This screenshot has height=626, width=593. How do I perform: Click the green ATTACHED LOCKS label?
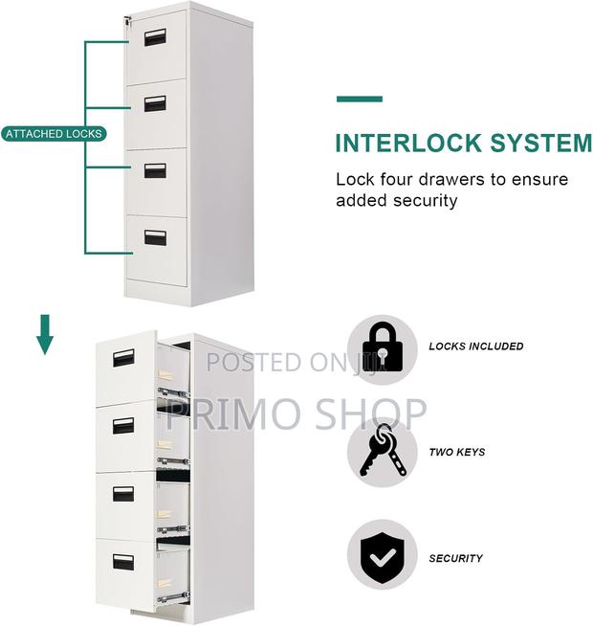[54, 134]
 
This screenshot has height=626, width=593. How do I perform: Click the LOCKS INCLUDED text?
[475, 347]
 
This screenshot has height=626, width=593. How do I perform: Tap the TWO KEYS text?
[456, 453]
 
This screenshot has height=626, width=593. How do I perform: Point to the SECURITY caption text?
[455, 559]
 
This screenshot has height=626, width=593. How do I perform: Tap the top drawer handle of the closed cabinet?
[155, 37]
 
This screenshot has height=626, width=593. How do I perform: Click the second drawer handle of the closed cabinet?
[155, 103]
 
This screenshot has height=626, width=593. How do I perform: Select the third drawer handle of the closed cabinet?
[155, 169]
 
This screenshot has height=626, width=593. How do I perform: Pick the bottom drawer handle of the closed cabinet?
[155, 235]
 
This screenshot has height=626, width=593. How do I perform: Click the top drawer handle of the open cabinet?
[123, 359]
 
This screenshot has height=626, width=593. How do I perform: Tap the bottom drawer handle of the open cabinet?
[123, 562]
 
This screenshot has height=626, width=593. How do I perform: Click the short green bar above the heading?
[359, 99]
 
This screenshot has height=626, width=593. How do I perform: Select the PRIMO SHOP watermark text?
[296, 413]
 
